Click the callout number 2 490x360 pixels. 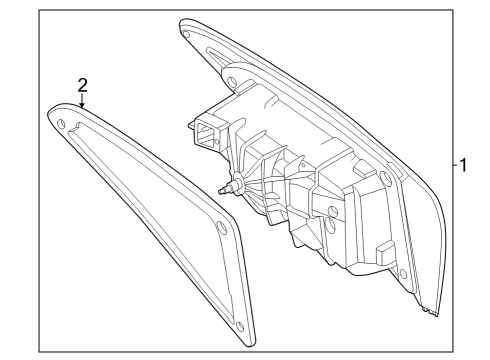82,85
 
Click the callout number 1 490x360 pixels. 463,165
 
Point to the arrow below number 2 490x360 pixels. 82,100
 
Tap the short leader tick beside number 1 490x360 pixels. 455,165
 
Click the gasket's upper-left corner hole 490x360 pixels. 61,124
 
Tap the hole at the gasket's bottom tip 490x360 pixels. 240,326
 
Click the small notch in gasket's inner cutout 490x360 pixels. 79,126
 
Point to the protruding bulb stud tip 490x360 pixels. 220,191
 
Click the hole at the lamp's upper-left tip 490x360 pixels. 187,34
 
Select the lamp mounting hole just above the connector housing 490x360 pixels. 231,81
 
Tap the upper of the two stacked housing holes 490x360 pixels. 333,211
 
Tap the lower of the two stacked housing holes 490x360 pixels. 330,225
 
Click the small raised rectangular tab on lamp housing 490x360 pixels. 385,250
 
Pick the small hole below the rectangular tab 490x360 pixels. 403,274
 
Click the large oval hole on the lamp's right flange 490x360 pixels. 385,178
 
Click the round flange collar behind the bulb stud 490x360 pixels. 239,184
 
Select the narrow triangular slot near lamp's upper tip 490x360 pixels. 217,56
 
